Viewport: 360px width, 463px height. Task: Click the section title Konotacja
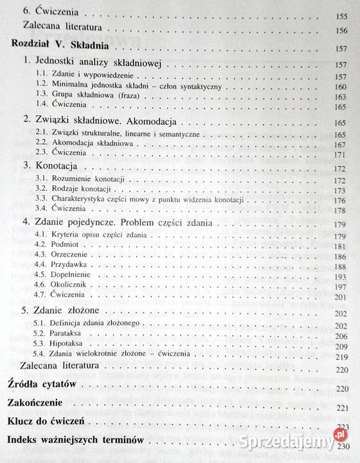[x=51, y=166]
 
